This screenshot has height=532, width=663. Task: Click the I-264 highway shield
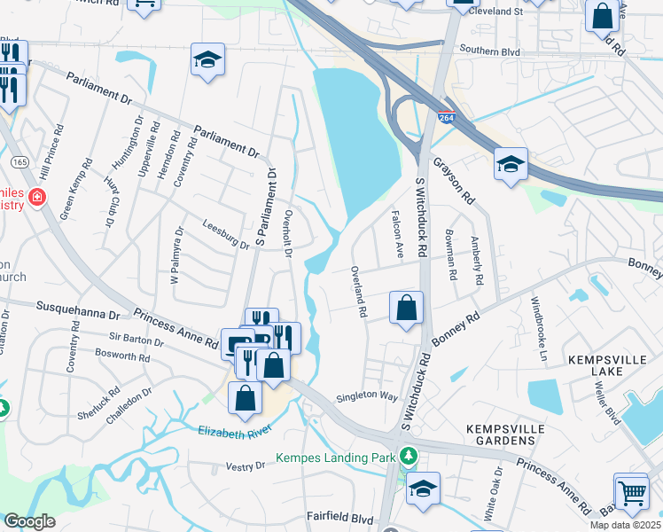(446, 117)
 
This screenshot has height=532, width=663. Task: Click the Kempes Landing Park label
(334, 458)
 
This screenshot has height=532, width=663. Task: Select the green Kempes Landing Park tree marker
(408, 457)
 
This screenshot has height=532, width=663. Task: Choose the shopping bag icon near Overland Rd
(406, 309)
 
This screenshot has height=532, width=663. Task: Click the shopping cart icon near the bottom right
(632, 493)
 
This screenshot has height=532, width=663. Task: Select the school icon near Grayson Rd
(511, 164)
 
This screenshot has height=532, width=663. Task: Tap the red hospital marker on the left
(37, 196)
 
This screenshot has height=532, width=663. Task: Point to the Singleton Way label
(367, 396)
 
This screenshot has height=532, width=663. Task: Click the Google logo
(29, 521)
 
